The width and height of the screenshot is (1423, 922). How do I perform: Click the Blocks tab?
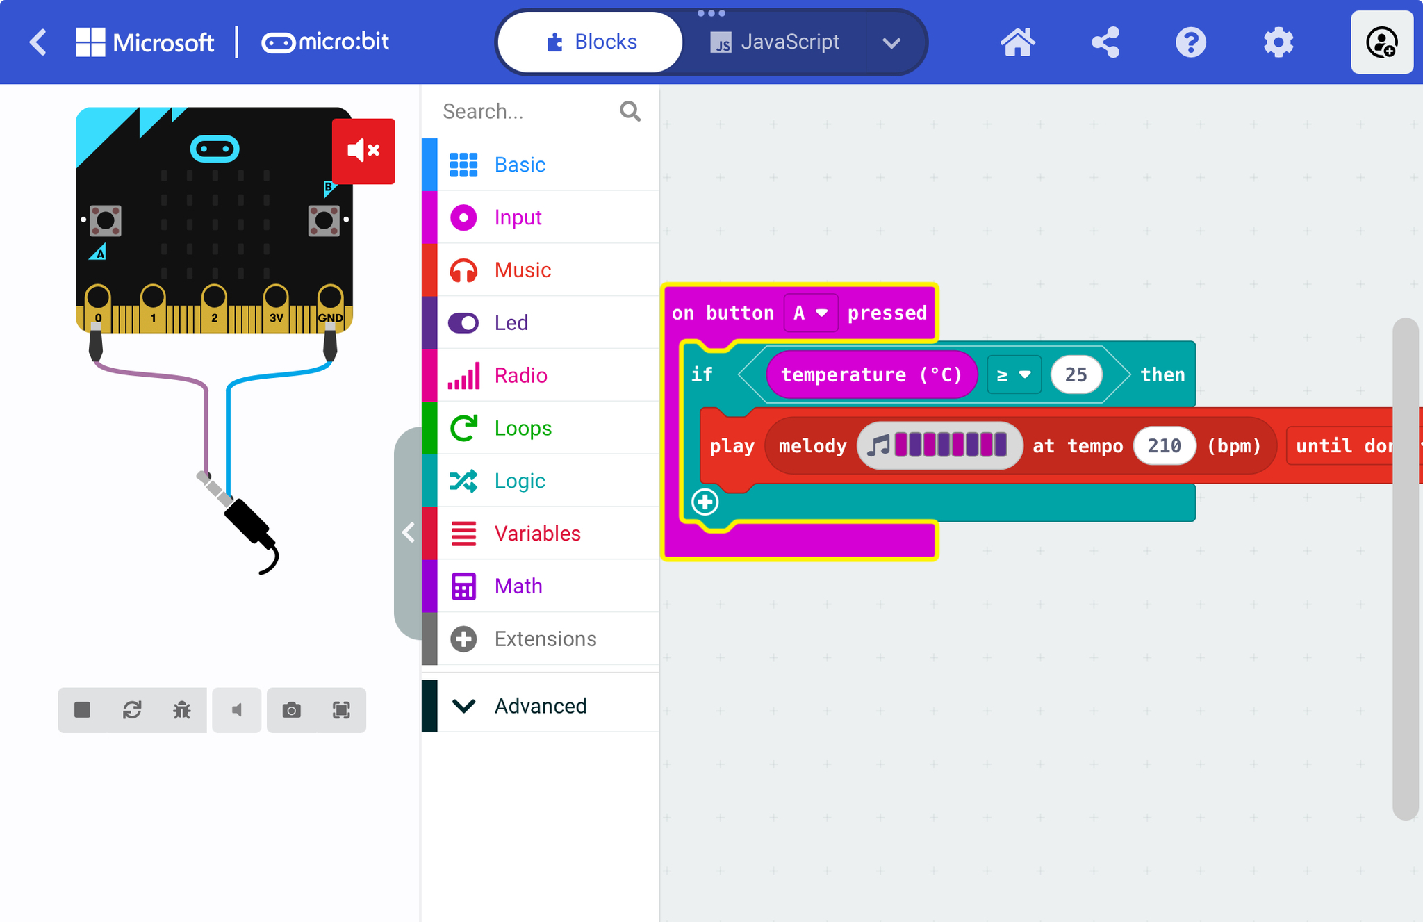(x=591, y=42)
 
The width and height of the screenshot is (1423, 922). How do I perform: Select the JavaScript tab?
(x=775, y=42)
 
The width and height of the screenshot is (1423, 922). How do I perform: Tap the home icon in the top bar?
(x=1017, y=42)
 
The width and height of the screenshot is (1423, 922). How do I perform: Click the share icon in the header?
(x=1105, y=42)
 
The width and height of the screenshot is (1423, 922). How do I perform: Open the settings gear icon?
(x=1278, y=42)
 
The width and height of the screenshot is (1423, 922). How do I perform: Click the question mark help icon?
(x=1191, y=42)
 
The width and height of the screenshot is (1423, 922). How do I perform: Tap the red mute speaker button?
(x=363, y=151)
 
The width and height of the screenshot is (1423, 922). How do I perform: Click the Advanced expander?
(x=541, y=706)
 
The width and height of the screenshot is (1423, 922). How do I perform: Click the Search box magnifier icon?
(x=630, y=111)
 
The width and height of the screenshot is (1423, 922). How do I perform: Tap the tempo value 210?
(x=1165, y=445)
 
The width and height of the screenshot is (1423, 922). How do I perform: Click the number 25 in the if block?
(x=1076, y=374)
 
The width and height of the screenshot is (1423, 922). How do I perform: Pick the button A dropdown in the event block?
(x=810, y=313)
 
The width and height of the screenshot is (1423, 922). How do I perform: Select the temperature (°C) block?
(x=871, y=374)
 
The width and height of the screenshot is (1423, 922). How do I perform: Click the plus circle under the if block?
(x=705, y=502)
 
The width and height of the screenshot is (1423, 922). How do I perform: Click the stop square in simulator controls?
(x=83, y=709)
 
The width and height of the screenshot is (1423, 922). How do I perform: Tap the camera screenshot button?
(x=292, y=710)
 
